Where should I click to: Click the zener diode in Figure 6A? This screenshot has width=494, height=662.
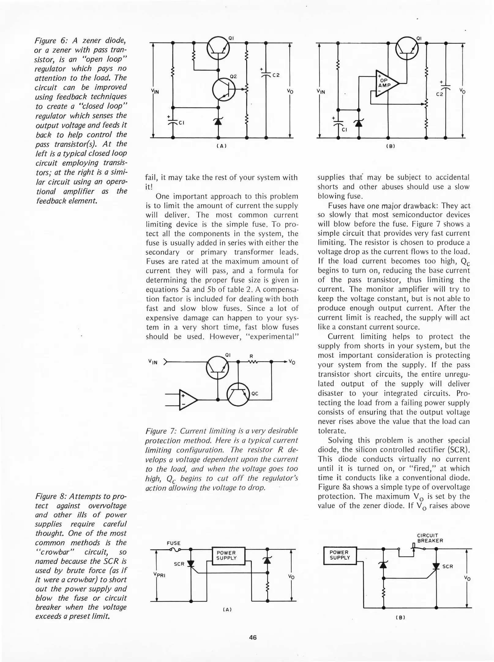[218, 122]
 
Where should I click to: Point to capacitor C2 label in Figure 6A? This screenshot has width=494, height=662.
[276, 75]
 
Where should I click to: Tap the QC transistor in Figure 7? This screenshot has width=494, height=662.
[238, 394]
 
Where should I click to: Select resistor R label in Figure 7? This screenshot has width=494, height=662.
[251, 356]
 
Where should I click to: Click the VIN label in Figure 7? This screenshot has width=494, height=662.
[153, 362]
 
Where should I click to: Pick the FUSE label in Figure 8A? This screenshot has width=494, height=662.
[174, 543]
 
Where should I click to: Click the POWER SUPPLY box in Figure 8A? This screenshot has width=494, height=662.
[226, 556]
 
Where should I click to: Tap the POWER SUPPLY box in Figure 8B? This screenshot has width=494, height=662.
[340, 555]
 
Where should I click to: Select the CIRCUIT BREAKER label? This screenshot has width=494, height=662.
[430, 538]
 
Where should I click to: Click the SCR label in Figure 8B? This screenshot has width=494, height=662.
[447, 566]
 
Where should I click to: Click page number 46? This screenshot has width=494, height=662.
[253, 637]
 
